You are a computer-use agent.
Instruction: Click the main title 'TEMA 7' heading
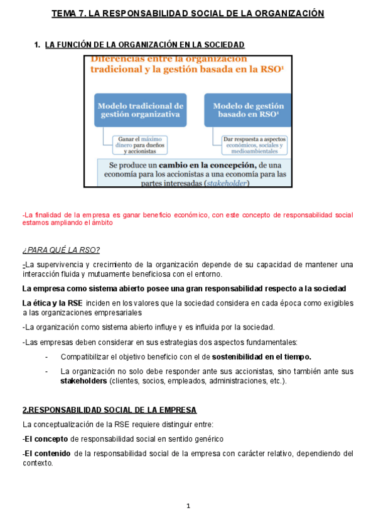coord(188,13)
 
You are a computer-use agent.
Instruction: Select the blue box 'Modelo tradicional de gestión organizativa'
coord(140,110)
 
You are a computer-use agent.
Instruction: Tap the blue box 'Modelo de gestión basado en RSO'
coord(248,110)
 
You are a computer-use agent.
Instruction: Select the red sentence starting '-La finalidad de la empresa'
coord(188,218)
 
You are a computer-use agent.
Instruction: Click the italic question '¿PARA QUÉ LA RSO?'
coord(60,250)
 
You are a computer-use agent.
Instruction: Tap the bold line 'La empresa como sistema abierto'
coord(183,289)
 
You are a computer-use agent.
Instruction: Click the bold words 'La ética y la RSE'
coord(52,303)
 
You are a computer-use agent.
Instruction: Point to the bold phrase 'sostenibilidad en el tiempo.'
coord(266,356)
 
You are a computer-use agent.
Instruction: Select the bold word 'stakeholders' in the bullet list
coord(83,381)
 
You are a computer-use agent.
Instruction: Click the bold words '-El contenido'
coord(46,453)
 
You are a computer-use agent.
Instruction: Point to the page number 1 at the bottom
coord(188,506)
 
